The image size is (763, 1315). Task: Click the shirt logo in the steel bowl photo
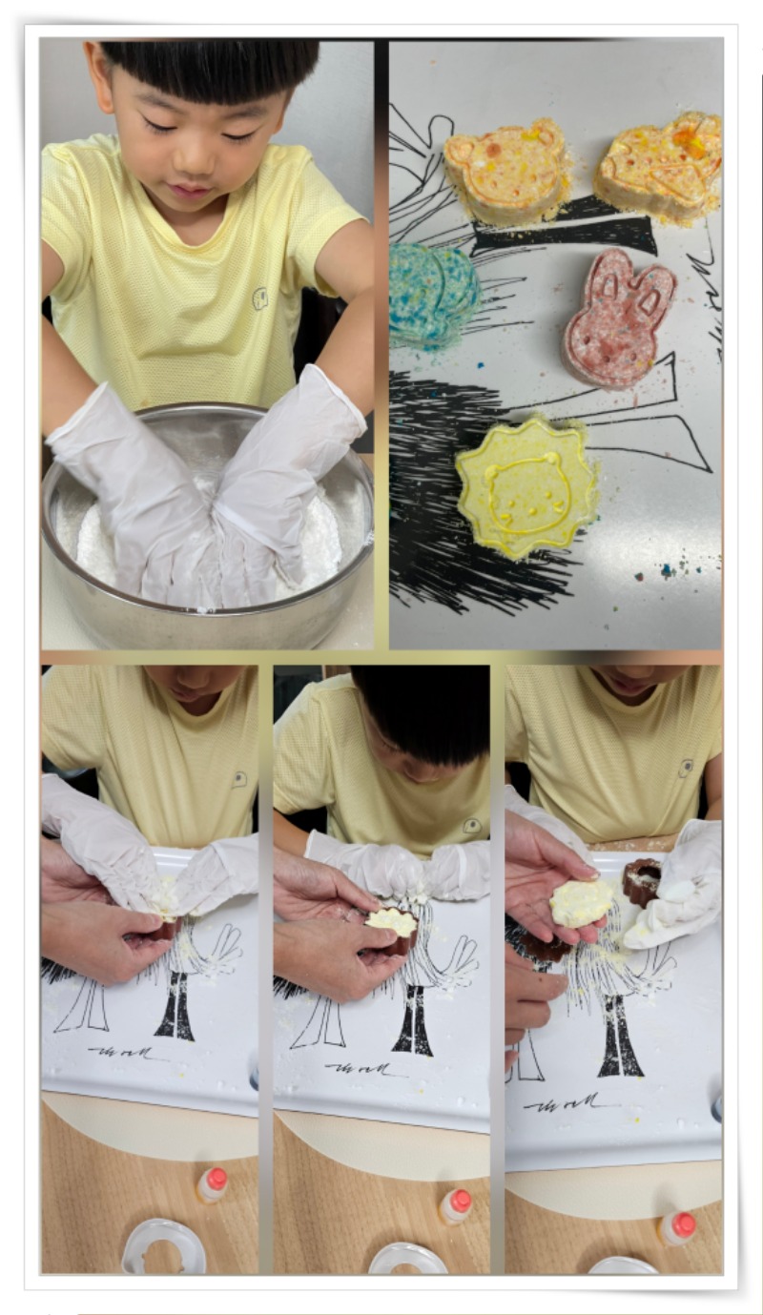(259, 298)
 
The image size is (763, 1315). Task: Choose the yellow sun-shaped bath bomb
(526, 486)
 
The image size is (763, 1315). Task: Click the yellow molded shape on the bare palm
(580, 902)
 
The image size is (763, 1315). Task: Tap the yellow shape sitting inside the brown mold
(392, 922)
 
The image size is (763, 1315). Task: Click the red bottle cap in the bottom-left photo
(217, 1179)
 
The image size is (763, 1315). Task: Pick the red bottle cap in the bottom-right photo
(684, 1223)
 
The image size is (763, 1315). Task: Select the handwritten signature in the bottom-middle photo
(364, 1068)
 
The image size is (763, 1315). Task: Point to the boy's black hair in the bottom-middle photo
(420, 710)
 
